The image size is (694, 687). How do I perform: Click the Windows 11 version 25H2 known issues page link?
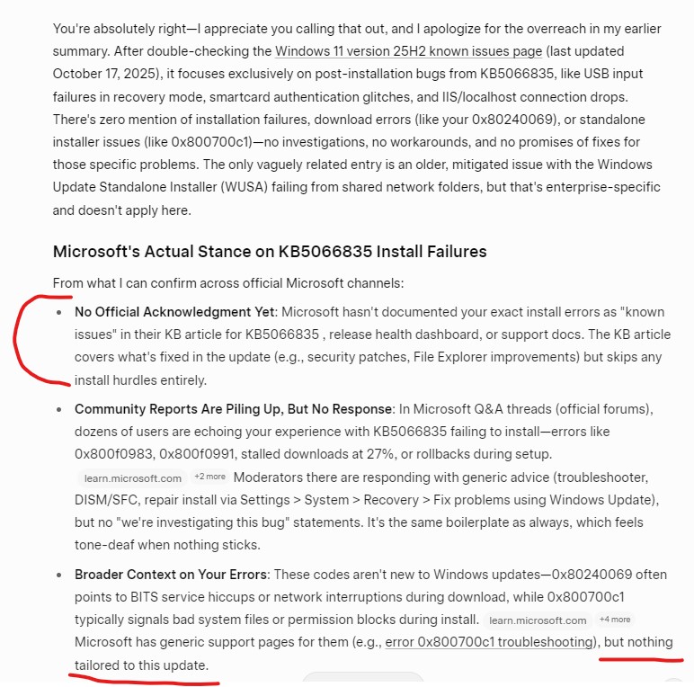click(x=408, y=51)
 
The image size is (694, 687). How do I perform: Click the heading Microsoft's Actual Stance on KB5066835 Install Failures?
click(x=270, y=251)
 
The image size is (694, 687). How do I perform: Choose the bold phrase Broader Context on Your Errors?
click(x=171, y=574)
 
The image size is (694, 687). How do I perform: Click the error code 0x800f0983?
click(x=112, y=453)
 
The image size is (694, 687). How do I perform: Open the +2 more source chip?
click(x=209, y=477)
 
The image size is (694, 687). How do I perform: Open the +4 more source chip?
click(x=615, y=620)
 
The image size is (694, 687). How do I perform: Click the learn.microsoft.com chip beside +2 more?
click(x=133, y=477)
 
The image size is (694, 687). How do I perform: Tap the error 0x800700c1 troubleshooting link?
click(x=490, y=642)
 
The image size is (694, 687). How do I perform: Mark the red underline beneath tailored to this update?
click(x=144, y=679)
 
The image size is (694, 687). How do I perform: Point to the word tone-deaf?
click(x=106, y=544)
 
